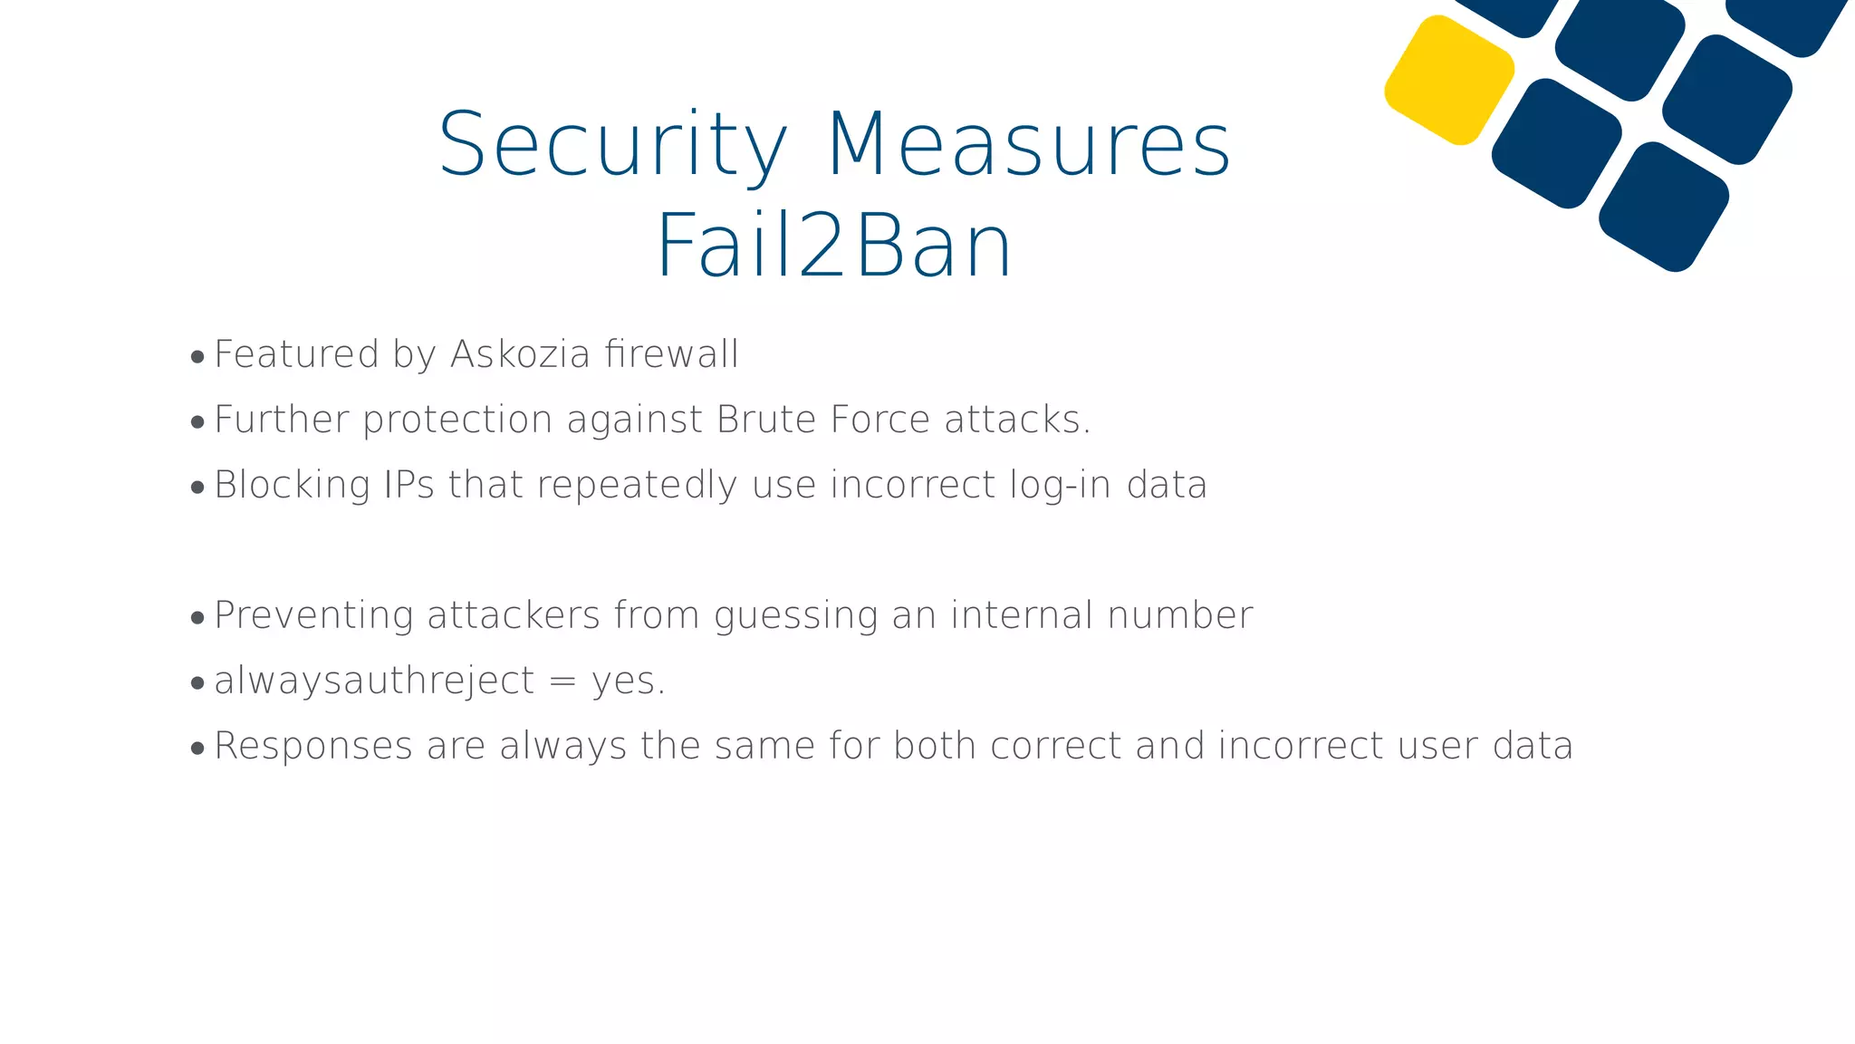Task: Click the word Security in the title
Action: coord(613,145)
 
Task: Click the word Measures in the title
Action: coord(1029,145)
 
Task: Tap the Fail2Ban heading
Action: coord(833,246)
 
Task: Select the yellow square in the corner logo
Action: coord(1449,80)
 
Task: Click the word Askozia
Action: coord(521,354)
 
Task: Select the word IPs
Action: coord(409,485)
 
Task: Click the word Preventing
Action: coord(314,616)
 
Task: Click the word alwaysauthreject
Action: coord(374,681)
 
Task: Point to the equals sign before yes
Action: coord(562,681)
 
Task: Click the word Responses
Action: coord(313,747)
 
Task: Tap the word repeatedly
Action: coord(638,486)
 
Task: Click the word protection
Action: coord(457,420)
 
